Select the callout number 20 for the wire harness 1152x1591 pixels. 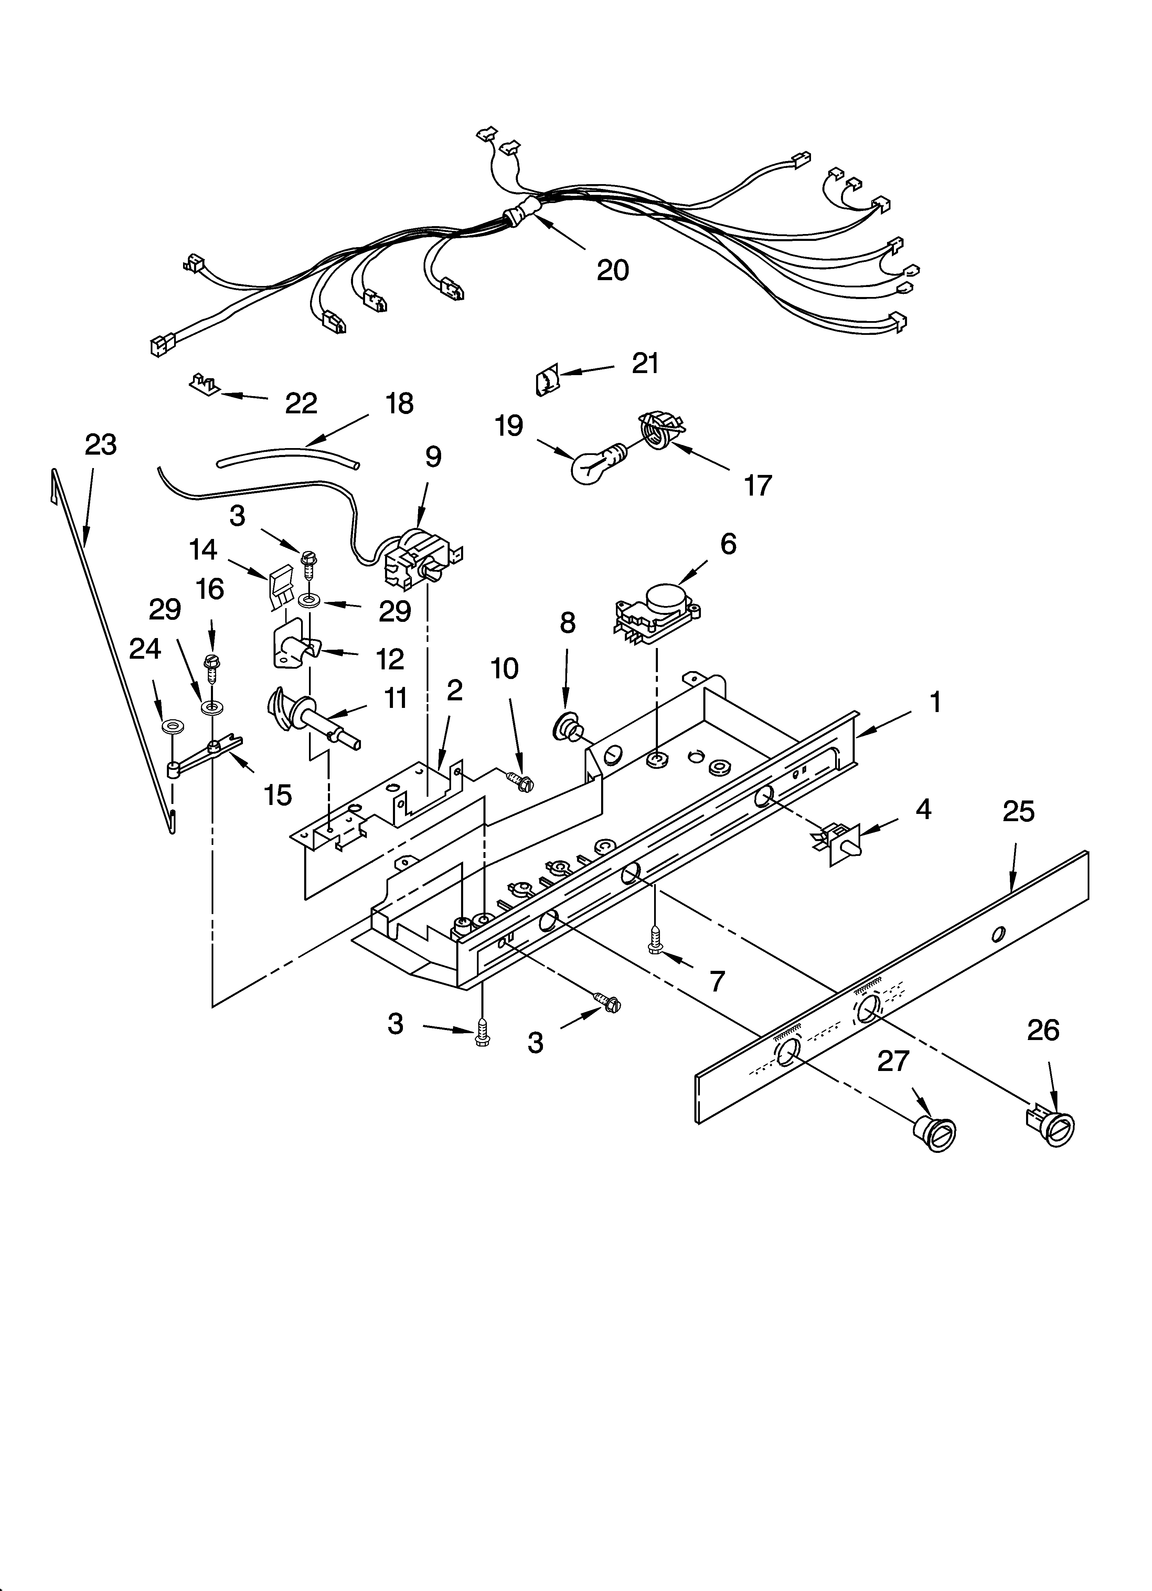(x=612, y=270)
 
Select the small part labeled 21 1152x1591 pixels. (x=547, y=381)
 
